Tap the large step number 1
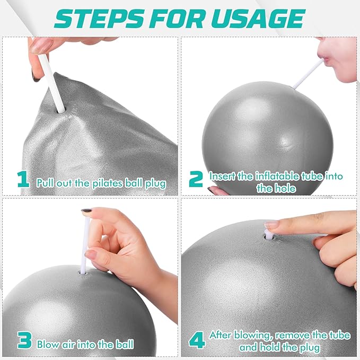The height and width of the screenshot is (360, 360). tap(23, 179)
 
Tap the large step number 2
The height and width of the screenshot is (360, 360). tap(196, 179)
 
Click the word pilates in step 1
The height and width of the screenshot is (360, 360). tap(108, 183)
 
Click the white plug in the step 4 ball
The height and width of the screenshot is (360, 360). tap(267, 234)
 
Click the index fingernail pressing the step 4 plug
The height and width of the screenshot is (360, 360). tap(271, 224)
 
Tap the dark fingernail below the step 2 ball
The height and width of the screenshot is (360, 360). tap(211, 189)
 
